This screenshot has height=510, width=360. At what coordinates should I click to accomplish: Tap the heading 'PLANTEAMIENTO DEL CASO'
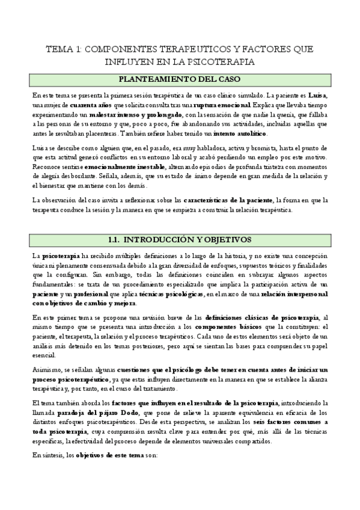click(179, 79)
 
